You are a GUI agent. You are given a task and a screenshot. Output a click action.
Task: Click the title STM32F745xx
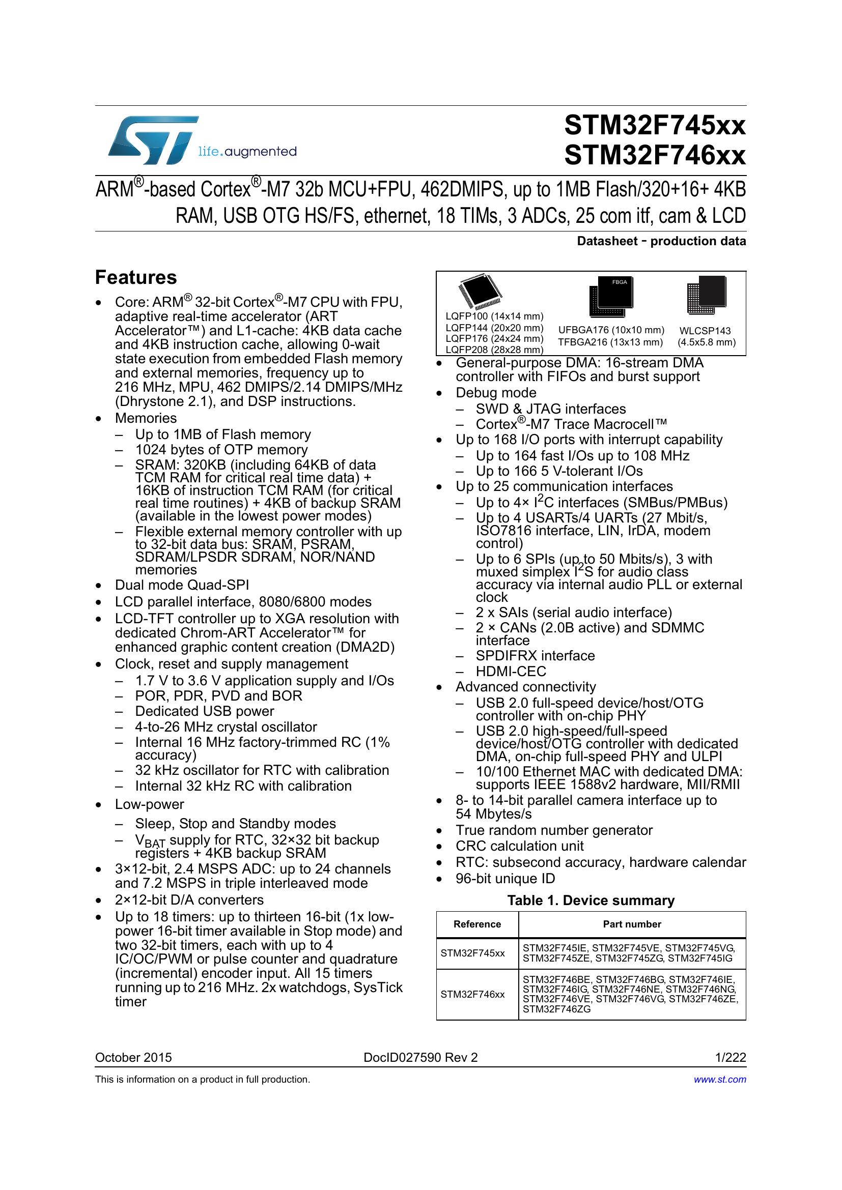[x=654, y=126]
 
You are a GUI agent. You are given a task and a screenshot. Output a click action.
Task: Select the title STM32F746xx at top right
[x=654, y=156]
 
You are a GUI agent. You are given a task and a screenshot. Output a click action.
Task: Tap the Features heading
[x=136, y=278]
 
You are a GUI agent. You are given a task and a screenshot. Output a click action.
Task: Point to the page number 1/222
[x=731, y=1058]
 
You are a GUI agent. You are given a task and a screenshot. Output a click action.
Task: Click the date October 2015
[x=133, y=1058]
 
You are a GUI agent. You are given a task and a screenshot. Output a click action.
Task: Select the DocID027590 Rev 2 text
[x=420, y=1058]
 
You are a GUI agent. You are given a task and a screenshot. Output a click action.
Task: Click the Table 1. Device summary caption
[x=591, y=901]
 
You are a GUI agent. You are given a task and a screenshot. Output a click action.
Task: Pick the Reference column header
[x=477, y=924]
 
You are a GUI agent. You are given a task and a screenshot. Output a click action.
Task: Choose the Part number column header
[x=632, y=924]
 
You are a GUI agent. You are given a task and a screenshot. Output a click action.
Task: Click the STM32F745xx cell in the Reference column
[x=472, y=953]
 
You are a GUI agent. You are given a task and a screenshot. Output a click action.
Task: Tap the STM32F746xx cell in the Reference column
[x=472, y=995]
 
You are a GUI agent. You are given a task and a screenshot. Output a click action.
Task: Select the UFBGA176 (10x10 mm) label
[x=611, y=330]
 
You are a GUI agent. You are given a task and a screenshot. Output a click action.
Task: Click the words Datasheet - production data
[x=661, y=241]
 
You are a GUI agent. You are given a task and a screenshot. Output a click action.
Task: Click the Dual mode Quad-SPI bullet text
[x=182, y=585]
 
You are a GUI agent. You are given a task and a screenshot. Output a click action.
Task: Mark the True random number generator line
[x=554, y=830]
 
